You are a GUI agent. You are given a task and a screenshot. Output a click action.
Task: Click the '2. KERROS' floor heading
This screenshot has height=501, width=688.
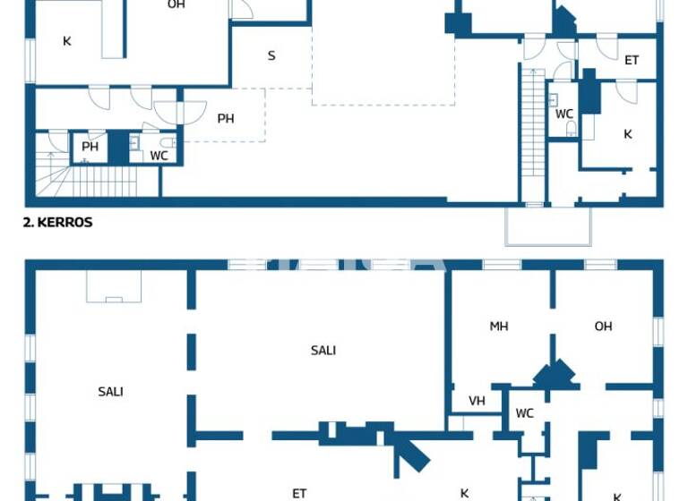pos(57,223)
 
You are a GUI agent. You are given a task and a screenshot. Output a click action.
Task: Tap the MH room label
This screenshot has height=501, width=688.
pos(499,327)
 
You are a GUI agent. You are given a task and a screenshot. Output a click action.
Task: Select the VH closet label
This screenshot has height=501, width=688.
pos(477,401)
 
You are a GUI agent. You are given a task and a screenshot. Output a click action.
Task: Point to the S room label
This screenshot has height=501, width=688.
pos(271,56)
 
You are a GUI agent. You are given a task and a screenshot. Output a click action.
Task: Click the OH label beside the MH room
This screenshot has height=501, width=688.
pos(604,327)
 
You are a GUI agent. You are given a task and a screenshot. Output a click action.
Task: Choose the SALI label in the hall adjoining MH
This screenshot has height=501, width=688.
pos(323,351)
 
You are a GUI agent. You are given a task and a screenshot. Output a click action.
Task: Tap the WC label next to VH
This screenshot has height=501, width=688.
pos(525,413)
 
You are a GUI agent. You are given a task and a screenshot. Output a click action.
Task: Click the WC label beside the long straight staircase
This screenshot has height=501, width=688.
pos(564,114)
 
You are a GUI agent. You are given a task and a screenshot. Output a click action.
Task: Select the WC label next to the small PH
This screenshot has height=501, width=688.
pos(159,156)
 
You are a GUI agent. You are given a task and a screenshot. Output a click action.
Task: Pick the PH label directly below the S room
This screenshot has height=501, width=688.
pos(226,118)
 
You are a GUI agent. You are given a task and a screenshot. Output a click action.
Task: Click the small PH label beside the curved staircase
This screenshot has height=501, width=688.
pos(90,148)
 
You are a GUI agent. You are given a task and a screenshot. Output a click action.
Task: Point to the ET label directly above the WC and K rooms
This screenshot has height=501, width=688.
pos(632,61)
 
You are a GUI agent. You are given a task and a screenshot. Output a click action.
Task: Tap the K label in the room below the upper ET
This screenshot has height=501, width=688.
pos(628,134)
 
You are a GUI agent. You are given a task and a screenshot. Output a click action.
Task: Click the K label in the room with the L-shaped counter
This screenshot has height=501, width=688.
pos(66,41)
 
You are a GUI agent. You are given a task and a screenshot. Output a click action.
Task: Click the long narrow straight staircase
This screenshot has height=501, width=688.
pos(532,134)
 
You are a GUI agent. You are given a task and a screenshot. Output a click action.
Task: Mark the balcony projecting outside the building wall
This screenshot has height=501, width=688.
pos(548,225)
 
